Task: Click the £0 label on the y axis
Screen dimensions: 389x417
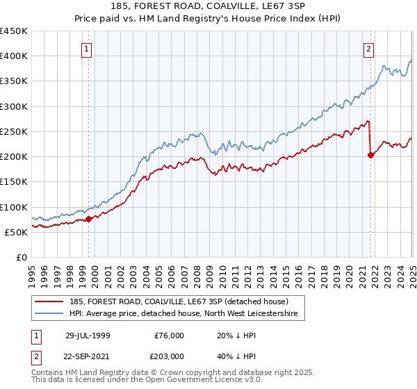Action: (x=21, y=257)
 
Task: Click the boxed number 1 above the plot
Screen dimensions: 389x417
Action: (x=85, y=49)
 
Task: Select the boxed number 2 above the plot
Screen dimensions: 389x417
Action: (x=368, y=49)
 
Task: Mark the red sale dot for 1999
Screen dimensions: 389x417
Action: (x=89, y=220)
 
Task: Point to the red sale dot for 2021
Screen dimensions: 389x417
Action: (x=370, y=155)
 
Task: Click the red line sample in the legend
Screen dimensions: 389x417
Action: (x=51, y=301)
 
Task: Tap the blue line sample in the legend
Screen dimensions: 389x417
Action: (x=51, y=314)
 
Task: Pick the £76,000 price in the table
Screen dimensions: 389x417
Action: (x=169, y=335)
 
